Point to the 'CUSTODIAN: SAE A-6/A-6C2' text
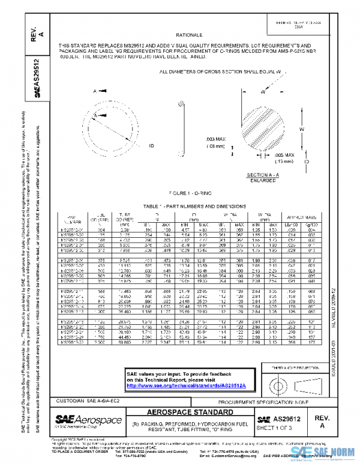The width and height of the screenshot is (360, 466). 91,400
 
